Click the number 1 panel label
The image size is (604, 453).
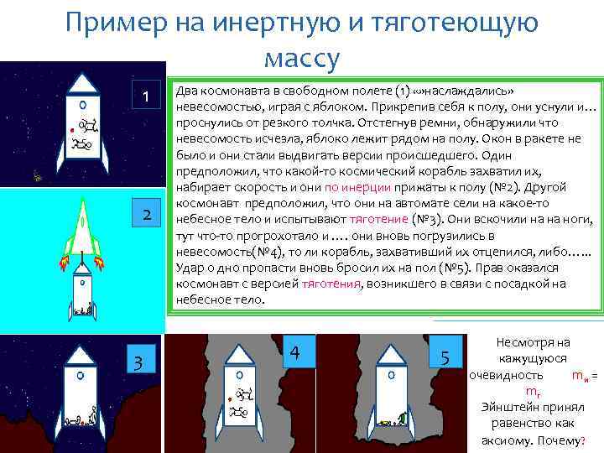(x=146, y=96)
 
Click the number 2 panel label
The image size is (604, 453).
(x=146, y=215)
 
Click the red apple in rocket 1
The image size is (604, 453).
(x=72, y=132)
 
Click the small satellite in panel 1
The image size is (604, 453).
(x=36, y=175)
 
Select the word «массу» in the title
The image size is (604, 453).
(x=301, y=58)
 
